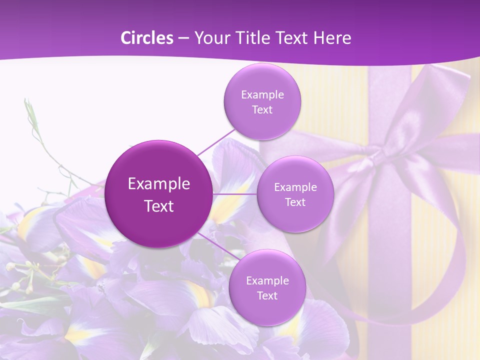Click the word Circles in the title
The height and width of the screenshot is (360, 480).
[x=147, y=38]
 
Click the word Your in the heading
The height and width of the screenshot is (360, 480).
[x=210, y=38]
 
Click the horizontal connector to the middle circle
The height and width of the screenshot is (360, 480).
[x=235, y=194]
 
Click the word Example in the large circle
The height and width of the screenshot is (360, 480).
[x=159, y=184]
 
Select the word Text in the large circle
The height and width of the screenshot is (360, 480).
[x=159, y=206]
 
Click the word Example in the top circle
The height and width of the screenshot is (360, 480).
[x=262, y=95]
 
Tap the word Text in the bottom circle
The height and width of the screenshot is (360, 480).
[x=267, y=296]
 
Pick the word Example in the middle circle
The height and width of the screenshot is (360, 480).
[x=295, y=187]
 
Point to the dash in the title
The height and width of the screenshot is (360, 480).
[x=183, y=38]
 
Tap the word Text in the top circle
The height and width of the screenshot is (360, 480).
[x=262, y=110]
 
